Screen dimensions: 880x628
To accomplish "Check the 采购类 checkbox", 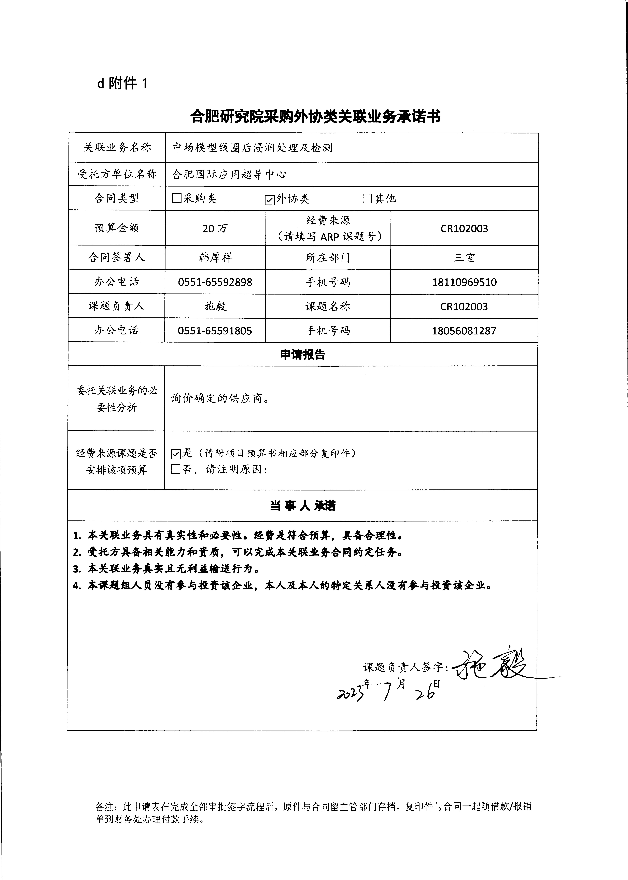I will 176,198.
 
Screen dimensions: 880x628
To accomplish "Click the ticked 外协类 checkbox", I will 270,199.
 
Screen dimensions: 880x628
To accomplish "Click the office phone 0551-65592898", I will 215,282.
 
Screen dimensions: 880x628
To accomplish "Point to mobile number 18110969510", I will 464,282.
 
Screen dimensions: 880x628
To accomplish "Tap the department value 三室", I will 464,258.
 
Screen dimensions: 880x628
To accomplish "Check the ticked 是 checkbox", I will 176,454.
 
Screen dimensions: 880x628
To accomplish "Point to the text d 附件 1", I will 122,83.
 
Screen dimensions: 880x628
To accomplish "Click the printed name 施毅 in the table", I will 215,306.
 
